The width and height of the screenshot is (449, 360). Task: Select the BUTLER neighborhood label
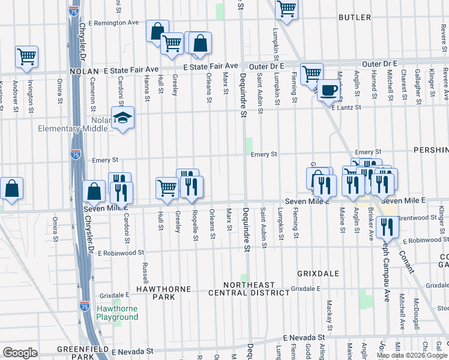pyautogui.click(x=355, y=17)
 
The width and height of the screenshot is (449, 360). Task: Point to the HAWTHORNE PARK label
pyautogui.click(x=146, y=293)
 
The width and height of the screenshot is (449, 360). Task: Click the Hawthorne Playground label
pyautogui.click(x=117, y=313)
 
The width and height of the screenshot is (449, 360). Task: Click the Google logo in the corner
pyautogui.click(x=20, y=353)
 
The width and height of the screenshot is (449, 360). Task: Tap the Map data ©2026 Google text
pyautogui.click(x=412, y=355)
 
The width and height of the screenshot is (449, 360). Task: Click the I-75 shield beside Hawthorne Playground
pyautogui.click(x=86, y=306)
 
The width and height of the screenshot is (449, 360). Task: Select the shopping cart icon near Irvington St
pyautogui.click(x=26, y=56)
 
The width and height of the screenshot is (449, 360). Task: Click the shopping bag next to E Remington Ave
pyautogui.click(x=157, y=31)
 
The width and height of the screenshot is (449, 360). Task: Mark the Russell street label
pyautogui.click(x=145, y=272)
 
